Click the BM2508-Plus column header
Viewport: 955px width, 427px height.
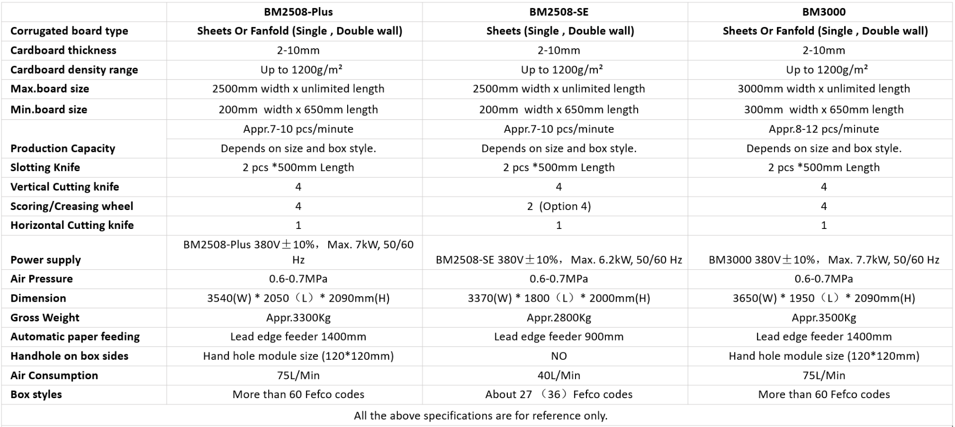298,11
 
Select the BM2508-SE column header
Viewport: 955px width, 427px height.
559,11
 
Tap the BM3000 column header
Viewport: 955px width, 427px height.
824,11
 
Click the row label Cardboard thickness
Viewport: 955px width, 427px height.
63,50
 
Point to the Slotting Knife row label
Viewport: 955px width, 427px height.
45,168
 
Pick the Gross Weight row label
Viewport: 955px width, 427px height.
45,318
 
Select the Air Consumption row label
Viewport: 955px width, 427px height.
54,375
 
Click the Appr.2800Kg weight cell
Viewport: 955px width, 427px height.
559,318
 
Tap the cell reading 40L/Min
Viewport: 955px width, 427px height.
559,375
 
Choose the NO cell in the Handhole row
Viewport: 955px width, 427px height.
559,356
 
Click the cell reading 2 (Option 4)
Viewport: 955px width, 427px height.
559,206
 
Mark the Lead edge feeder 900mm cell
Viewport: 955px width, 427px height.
559,336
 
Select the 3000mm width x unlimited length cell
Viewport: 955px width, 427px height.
824,89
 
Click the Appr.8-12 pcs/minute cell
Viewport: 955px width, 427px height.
824,129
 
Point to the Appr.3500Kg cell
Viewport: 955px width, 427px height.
824,318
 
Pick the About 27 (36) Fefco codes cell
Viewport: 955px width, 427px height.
559,394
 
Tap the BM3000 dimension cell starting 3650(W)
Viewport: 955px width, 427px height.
824,298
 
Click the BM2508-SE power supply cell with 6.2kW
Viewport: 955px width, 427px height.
559,260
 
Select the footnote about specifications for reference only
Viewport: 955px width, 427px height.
480,416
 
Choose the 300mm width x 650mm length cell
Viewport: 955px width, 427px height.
824,109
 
